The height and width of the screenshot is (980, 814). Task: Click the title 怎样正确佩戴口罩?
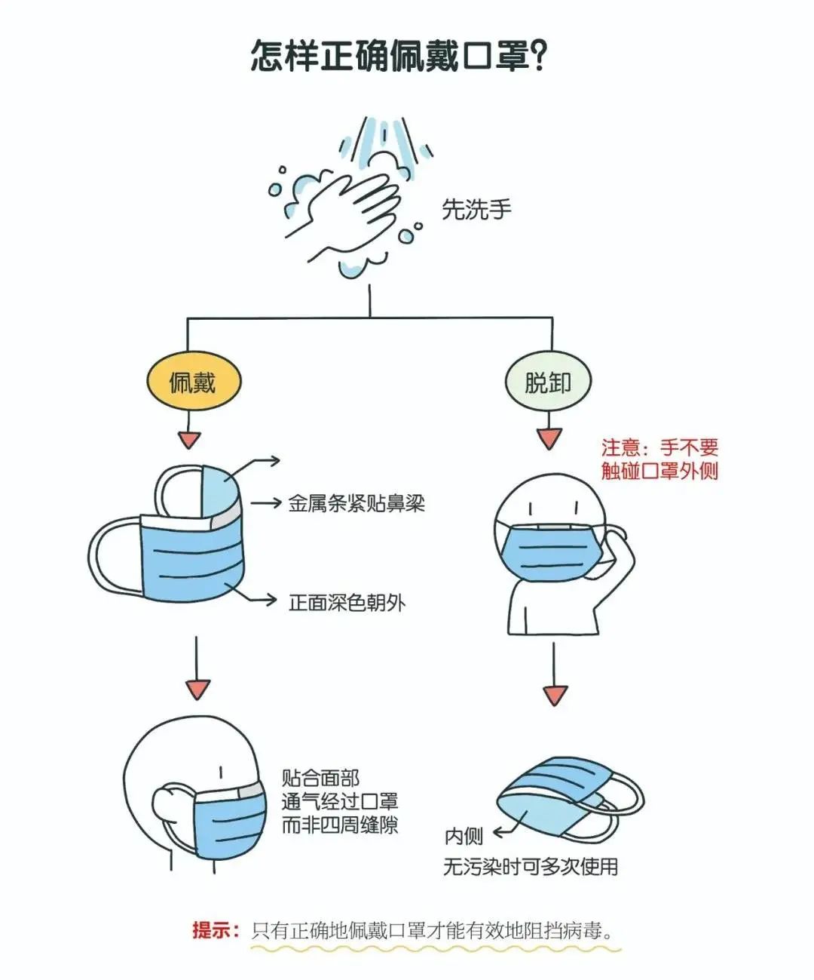tap(399, 56)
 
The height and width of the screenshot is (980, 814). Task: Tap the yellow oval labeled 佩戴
tap(192, 382)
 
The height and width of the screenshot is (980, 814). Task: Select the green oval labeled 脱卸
tap(548, 382)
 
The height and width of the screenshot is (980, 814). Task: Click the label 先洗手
tap(476, 209)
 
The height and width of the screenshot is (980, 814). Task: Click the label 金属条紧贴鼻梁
tap(357, 503)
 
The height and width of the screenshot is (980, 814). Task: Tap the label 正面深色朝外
tap(347, 602)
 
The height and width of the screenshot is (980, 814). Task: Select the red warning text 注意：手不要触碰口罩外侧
tap(659, 459)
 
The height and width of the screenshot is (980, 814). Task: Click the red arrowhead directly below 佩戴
tap(189, 440)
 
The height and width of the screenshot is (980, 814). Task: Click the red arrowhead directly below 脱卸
tap(549, 438)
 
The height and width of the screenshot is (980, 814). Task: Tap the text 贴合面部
tap(320, 778)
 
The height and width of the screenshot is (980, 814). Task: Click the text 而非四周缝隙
tap(339, 825)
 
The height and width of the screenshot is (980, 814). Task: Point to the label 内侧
tap(463, 837)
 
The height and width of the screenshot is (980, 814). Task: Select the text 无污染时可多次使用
tap(530, 867)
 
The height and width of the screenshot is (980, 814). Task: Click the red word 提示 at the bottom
tap(215, 930)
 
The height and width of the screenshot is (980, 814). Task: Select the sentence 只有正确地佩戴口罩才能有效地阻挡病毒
tap(433, 930)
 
